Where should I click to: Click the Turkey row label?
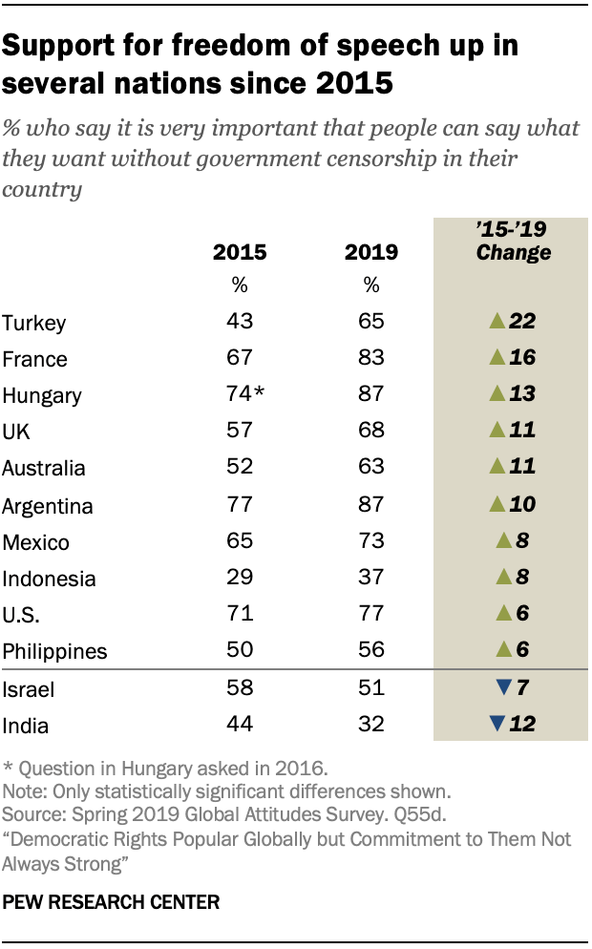[x=34, y=323]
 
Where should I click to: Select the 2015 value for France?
[x=240, y=358]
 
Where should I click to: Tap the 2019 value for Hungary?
[x=371, y=394]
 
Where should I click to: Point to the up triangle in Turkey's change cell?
[x=496, y=322]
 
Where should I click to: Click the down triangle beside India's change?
[x=496, y=724]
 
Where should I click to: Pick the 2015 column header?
[x=240, y=253]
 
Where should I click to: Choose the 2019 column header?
[x=371, y=253]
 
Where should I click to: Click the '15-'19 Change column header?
[x=514, y=242]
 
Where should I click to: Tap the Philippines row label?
[x=54, y=651]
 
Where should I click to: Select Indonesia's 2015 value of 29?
[x=240, y=577]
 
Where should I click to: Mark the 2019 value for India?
[x=371, y=724]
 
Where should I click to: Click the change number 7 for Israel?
[x=523, y=687]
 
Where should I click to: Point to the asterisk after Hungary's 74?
[x=260, y=392]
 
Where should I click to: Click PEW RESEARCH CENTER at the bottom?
[x=112, y=901]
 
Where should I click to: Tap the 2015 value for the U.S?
[x=240, y=613]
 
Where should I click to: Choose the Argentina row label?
[x=49, y=505]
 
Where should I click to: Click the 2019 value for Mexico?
[x=371, y=540]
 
